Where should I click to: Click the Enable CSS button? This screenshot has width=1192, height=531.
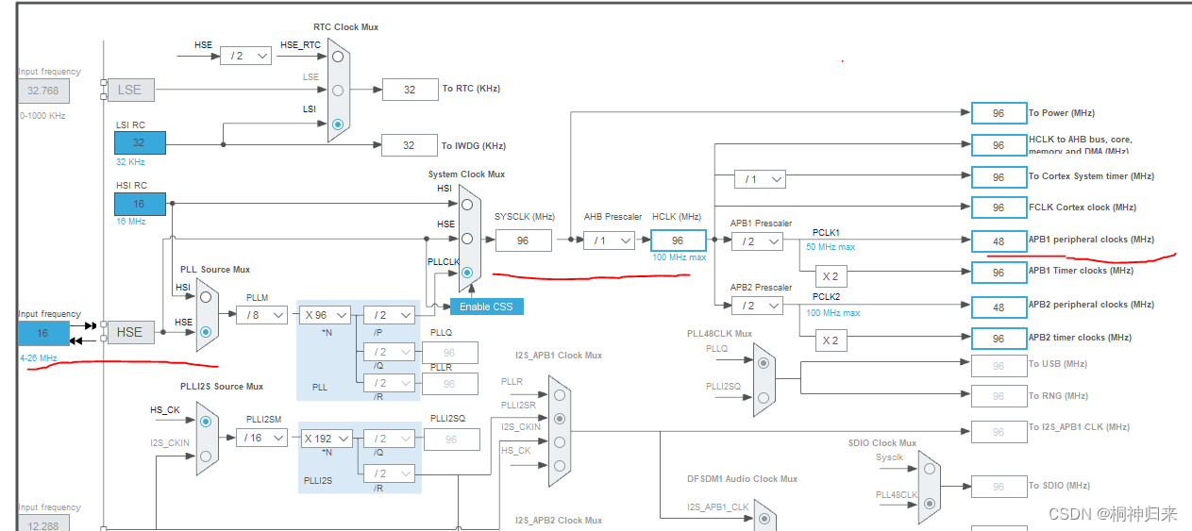pyautogui.click(x=486, y=307)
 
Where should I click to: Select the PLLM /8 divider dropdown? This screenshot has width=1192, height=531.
pyautogui.click(x=261, y=315)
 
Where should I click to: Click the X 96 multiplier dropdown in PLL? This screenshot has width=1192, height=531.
pyautogui.click(x=326, y=315)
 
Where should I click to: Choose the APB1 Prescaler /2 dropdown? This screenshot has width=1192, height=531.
pyautogui.click(x=757, y=241)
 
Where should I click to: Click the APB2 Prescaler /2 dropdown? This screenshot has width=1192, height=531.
pyautogui.click(x=757, y=305)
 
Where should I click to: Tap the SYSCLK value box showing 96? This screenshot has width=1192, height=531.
pyautogui.click(x=523, y=241)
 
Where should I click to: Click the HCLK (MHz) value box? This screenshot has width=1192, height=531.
pyautogui.click(x=678, y=241)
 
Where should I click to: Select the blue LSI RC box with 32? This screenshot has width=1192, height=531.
pyautogui.click(x=140, y=142)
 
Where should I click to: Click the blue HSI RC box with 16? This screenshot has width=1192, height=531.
pyautogui.click(x=140, y=204)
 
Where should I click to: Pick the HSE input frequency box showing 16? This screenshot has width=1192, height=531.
pyautogui.click(x=43, y=333)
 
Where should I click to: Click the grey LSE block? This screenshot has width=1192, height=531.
pyautogui.click(x=129, y=90)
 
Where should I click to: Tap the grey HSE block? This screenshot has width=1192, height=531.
pyautogui.click(x=129, y=332)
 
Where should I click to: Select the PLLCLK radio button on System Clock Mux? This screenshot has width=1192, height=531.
pyautogui.click(x=467, y=274)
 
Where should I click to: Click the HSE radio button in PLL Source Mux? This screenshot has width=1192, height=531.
pyautogui.click(x=206, y=333)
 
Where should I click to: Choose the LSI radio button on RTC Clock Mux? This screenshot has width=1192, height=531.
pyautogui.click(x=338, y=124)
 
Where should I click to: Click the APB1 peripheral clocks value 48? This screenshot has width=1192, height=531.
pyautogui.click(x=999, y=241)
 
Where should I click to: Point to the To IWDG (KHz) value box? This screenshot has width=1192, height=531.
pyautogui.click(x=409, y=145)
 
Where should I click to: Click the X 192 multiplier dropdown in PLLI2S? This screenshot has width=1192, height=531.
pyautogui.click(x=326, y=438)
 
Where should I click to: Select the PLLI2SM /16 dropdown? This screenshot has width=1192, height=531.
pyautogui.click(x=261, y=438)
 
